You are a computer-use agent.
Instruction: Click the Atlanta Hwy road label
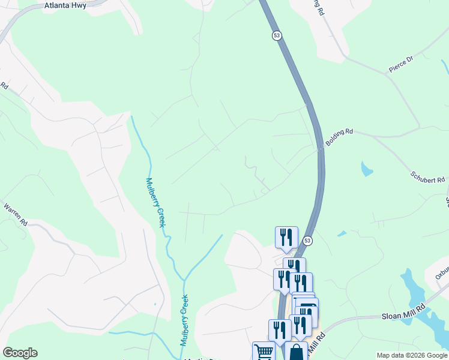[x=65, y=5]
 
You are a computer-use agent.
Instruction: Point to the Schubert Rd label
[x=427, y=176]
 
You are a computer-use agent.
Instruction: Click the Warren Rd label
[x=16, y=214]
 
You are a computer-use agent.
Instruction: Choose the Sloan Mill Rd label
[x=403, y=316]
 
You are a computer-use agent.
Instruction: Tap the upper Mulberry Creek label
[x=155, y=202]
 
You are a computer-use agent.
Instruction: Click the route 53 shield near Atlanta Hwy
[x=276, y=35]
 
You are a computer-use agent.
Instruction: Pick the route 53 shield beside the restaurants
[x=307, y=241]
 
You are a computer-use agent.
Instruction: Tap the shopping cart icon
[x=264, y=351]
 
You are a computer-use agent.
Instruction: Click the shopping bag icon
[x=296, y=352]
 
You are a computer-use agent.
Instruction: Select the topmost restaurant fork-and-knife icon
[x=286, y=236]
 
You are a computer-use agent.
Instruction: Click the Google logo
[x=20, y=353]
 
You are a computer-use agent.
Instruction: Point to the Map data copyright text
[x=412, y=355]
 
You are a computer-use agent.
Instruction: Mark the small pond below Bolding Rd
[x=367, y=169]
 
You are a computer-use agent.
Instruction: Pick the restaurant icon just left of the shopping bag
[x=280, y=329]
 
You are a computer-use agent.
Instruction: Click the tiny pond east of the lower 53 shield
[x=342, y=233]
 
